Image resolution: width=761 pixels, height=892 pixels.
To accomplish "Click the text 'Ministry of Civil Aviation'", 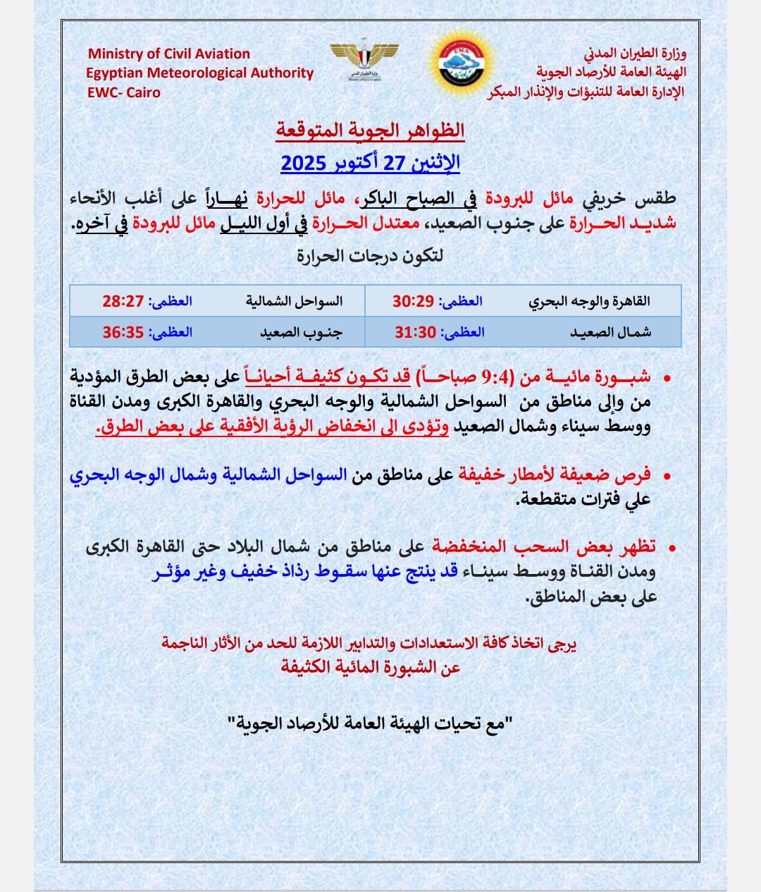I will (x=168, y=54).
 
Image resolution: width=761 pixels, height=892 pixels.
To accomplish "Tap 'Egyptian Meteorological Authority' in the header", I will (x=199, y=73).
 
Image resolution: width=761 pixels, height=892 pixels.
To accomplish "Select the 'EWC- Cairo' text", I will (x=123, y=92).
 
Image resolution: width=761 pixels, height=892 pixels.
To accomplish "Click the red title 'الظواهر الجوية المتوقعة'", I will (x=370, y=130).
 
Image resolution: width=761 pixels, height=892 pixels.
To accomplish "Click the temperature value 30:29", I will (x=412, y=301).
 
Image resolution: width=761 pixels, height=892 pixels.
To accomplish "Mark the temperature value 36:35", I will (x=123, y=332).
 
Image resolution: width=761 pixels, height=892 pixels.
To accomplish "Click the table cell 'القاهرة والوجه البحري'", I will (x=589, y=301).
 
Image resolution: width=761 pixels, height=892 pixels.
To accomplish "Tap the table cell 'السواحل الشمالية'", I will (x=294, y=301).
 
